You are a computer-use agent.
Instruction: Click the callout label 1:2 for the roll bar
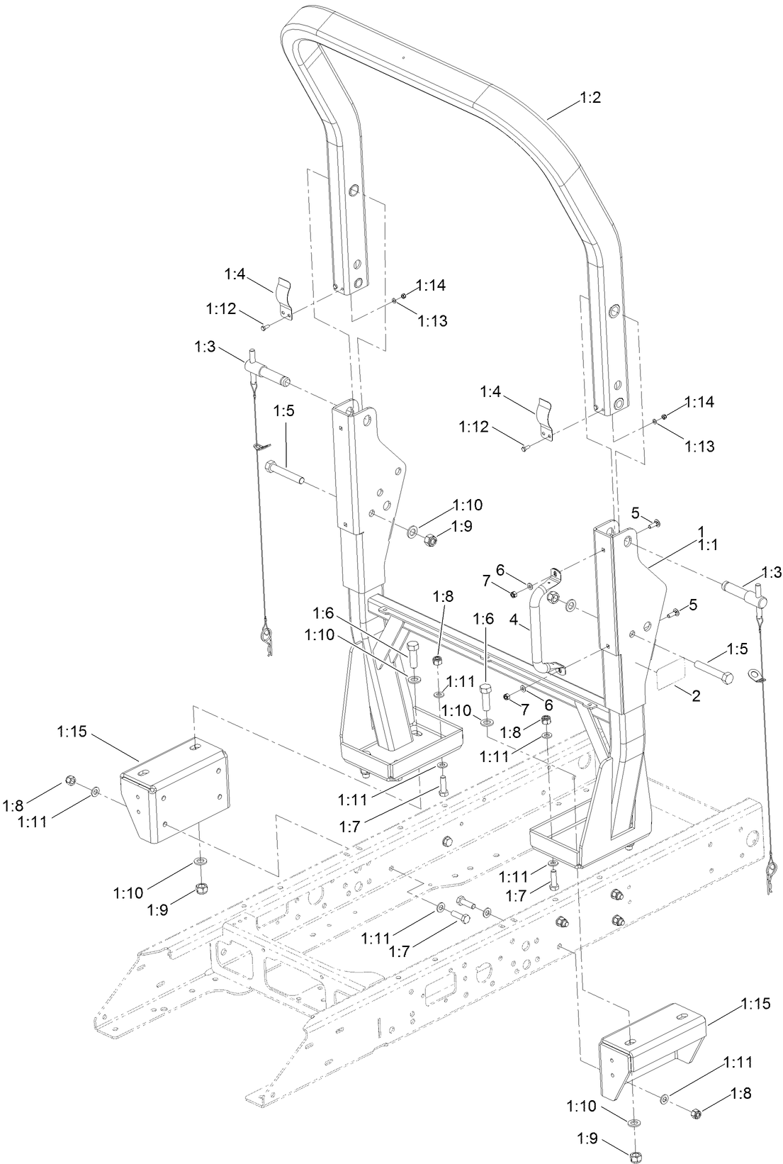point(590,99)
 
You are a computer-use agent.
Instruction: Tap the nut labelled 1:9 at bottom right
point(636,1158)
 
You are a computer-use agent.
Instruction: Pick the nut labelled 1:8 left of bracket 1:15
point(70,780)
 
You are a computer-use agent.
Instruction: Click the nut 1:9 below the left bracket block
point(201,887)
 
